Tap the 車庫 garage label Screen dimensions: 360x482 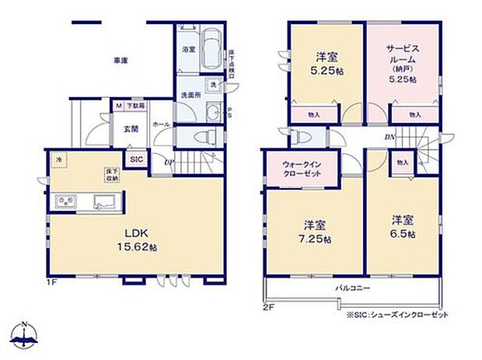pyautogui.click(x=120, y=60)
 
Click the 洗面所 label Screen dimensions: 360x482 pyautogui.click(x=191, y=96)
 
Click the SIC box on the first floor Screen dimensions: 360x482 pyautogui.click(x=137, y=159)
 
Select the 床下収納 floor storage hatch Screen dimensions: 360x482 pyautogui.click(x=111, y=176)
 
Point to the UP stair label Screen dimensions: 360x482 pyautogui.click(x=169, y=162)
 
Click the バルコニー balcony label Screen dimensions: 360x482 pyautogui.click(x=352, y=288)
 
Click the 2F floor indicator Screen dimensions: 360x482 pyautogui.click(x=269, y=306)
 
